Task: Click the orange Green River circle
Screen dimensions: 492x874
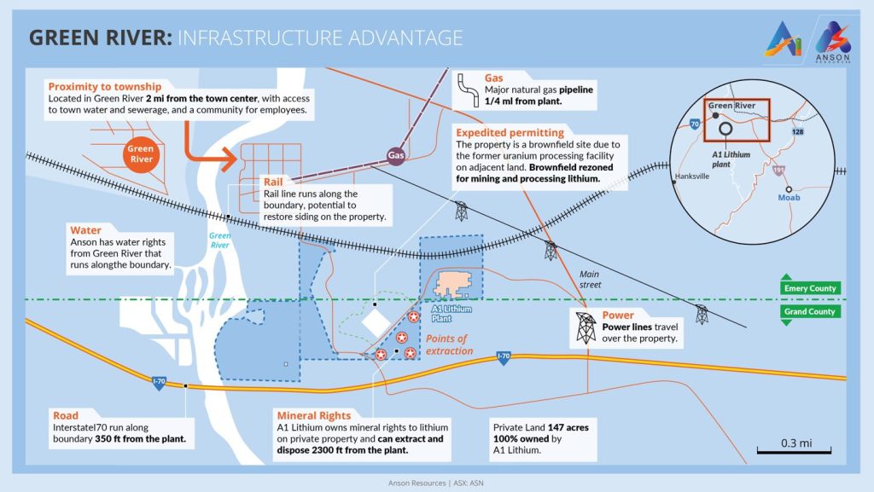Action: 141,154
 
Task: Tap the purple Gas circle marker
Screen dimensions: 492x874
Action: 395,156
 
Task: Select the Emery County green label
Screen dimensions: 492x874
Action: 809,288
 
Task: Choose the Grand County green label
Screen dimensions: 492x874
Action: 809,312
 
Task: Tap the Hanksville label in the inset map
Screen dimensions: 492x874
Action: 692,177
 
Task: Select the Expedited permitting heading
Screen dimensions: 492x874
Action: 509,133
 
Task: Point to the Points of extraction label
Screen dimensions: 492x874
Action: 449,345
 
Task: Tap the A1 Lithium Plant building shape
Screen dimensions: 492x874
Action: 458,286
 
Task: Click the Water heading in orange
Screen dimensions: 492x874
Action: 86,229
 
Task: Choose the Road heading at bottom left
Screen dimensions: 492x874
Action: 65,416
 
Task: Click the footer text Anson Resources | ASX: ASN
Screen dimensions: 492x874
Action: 436,482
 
